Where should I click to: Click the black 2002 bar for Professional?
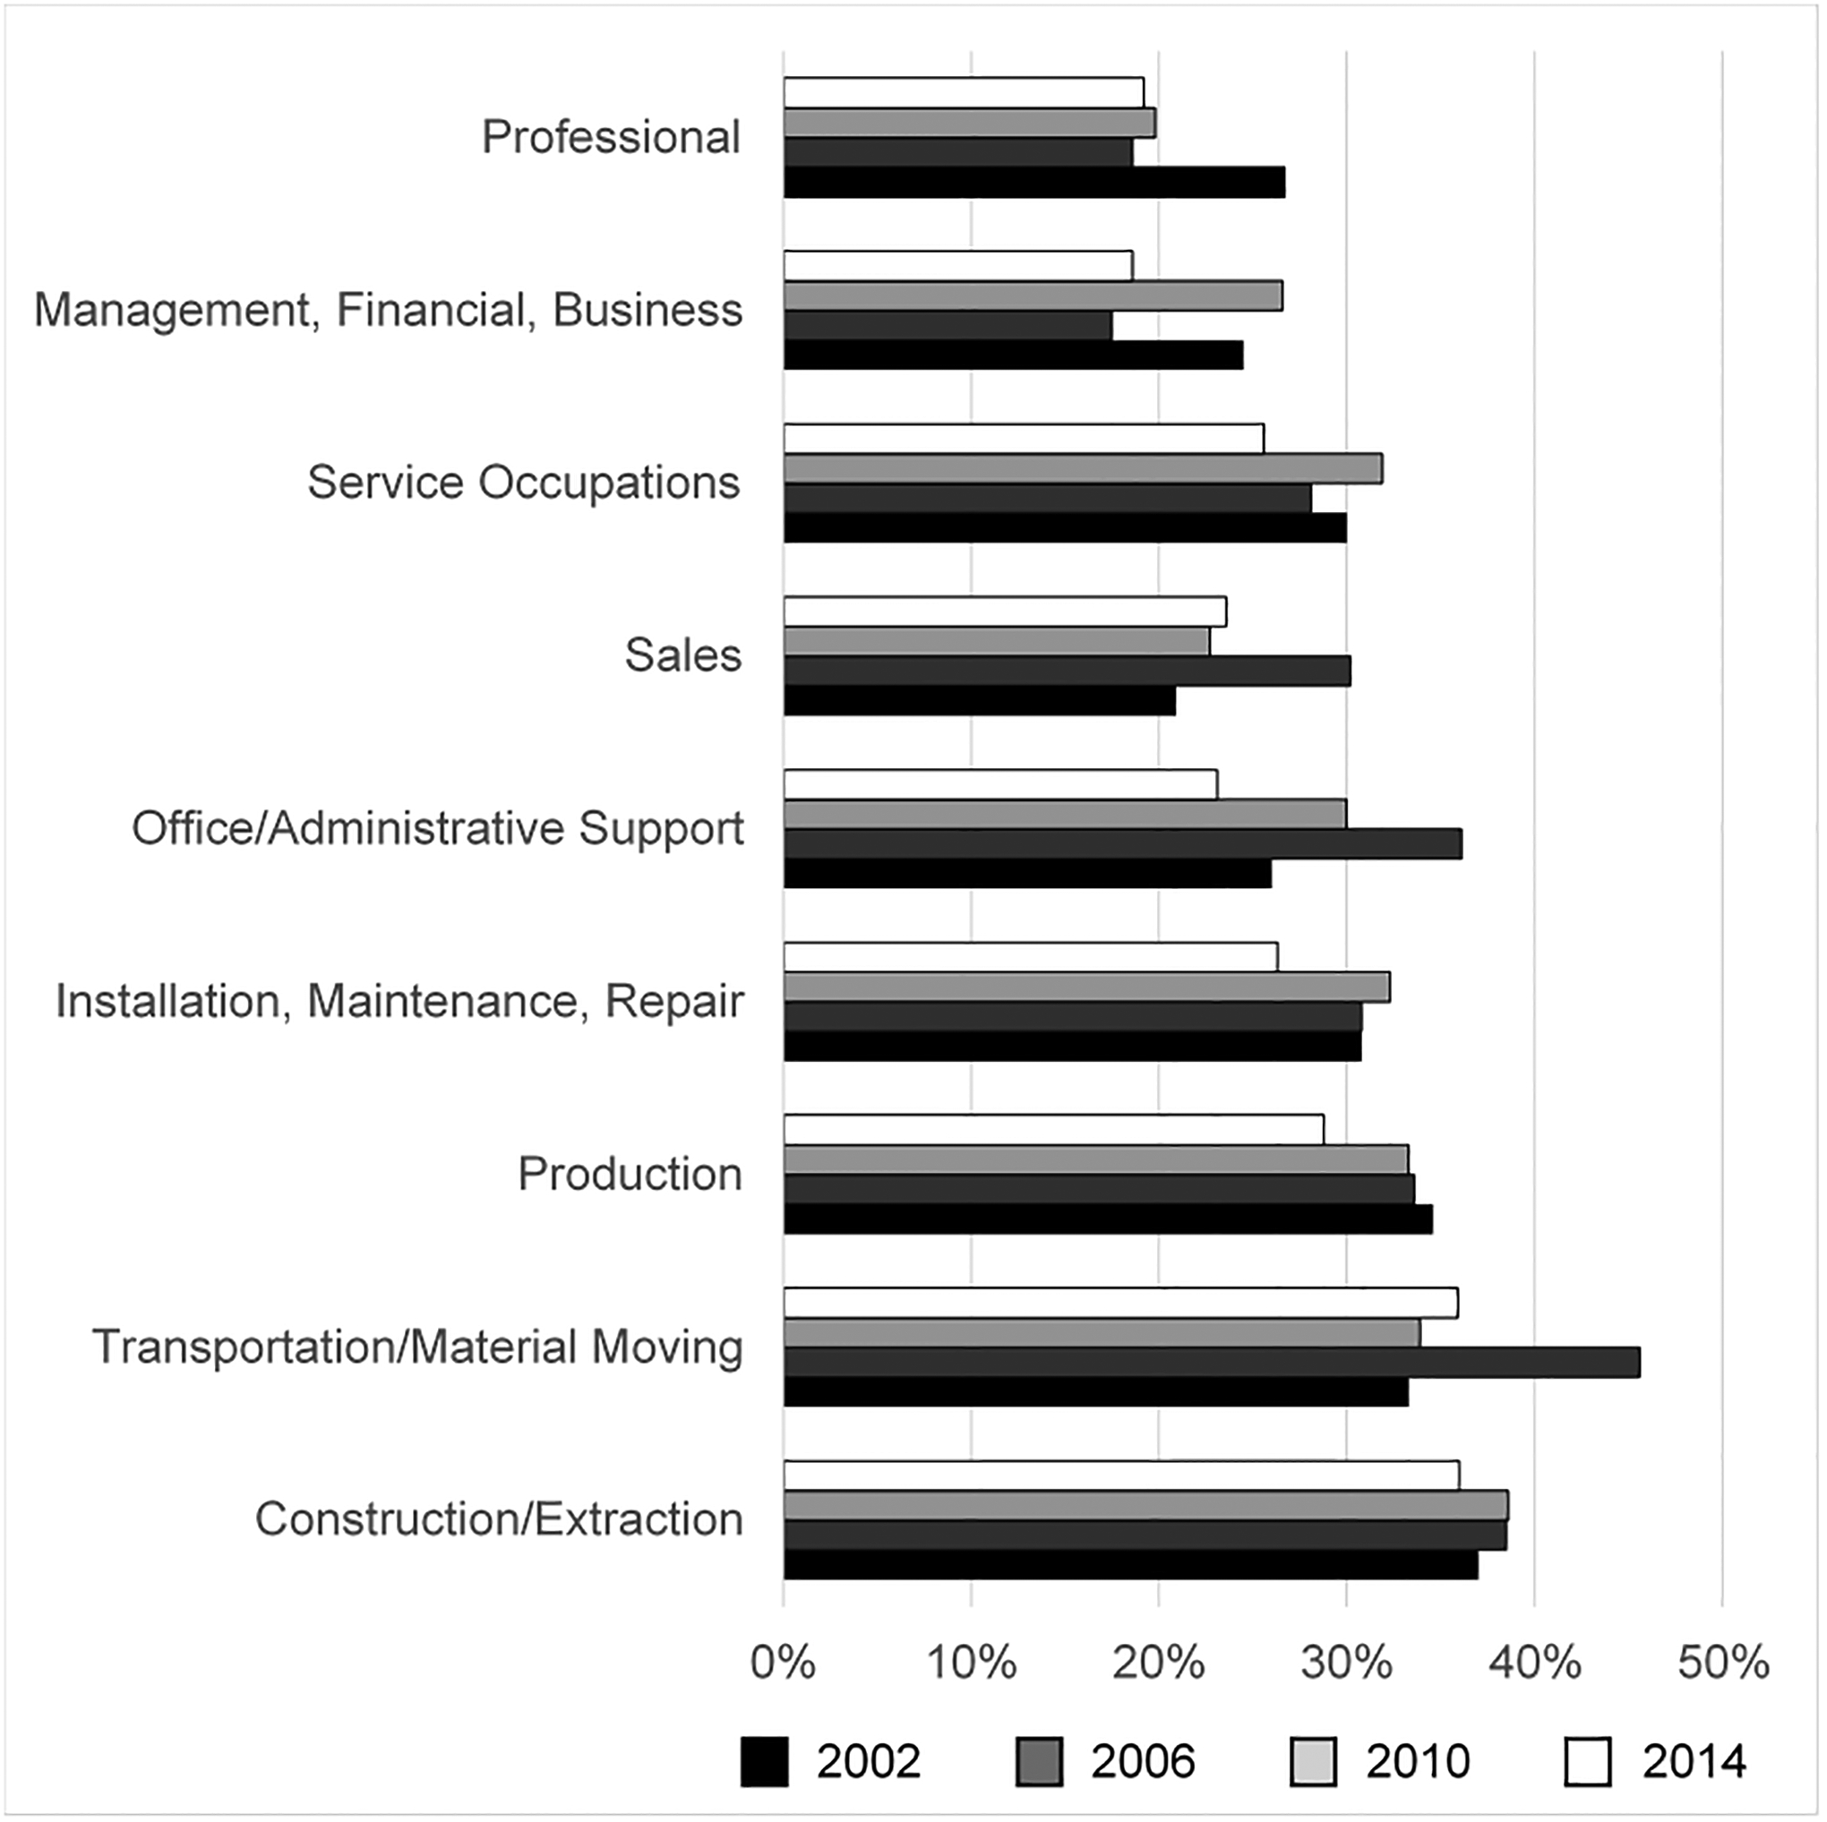point(1034,183)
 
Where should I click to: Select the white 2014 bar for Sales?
point(1004,612)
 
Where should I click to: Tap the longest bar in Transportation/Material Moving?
point(1212,1363)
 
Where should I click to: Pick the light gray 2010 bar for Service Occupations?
point(1083,469)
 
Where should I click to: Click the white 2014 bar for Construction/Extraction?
point(1120,1475)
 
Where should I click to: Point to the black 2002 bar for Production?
point(1107,1219)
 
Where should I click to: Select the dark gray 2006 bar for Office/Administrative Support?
point(1122,844)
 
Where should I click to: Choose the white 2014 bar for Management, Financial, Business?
point(958,266)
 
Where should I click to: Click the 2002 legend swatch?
point(764,1760)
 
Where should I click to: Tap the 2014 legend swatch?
point(1588,1760)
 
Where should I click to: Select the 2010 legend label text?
point(1418,1760)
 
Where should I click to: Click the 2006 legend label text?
point(1143,1760)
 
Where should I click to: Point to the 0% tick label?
point(783,1661)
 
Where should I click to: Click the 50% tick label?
point(1723,1661)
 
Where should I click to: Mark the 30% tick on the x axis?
point(1347,1661)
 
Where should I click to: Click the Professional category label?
point(611,137)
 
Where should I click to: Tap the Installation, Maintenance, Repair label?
point(399,1001)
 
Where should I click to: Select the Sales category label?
point(682,654)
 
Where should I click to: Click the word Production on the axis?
point(630,1175)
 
